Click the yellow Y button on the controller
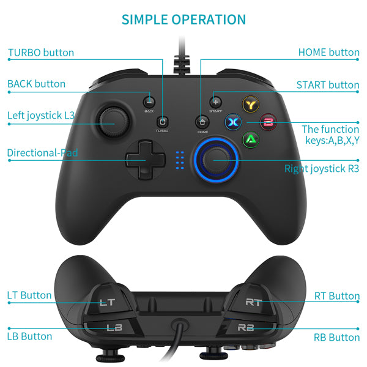point(250,105)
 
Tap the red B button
point(267,121)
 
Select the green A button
point(250,139)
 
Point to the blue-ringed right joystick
point(215,160)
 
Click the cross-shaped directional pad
point(145,160)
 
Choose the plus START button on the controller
point(215,101)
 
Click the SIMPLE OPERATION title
point(183,19)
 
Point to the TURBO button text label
point(41,53)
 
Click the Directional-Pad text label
point(43,153)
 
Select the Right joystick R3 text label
point(322,168)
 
